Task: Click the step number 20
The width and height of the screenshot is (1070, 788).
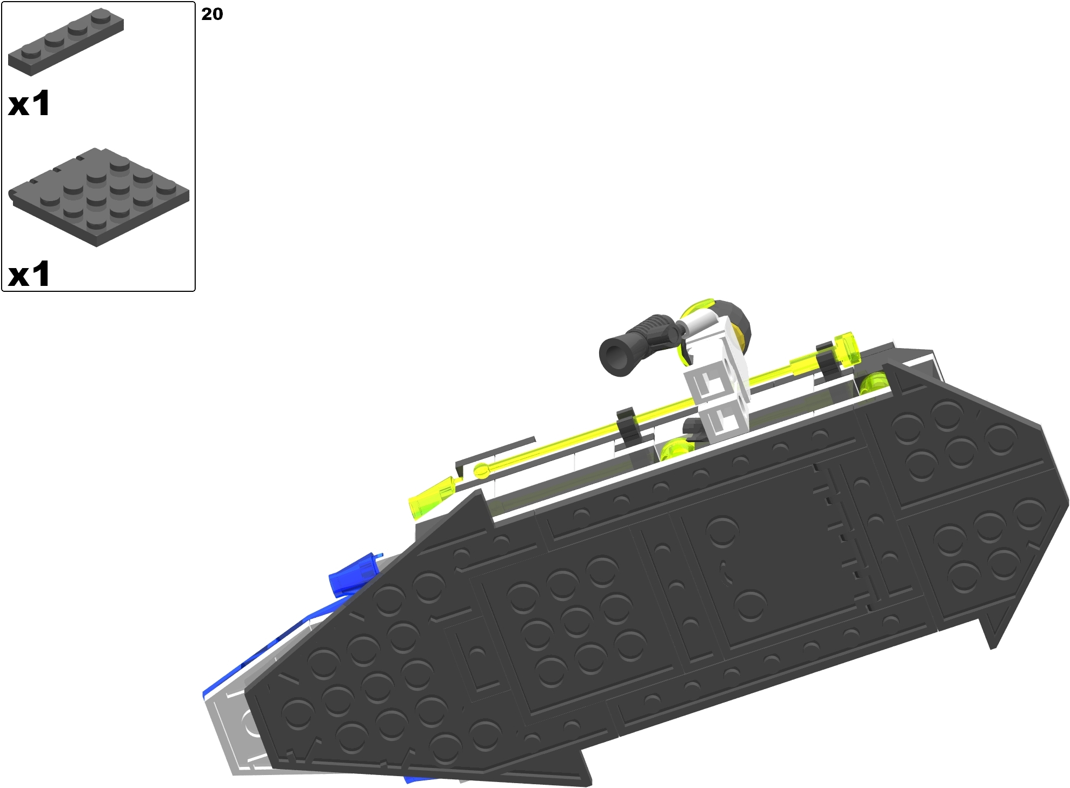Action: click(x=212, y=14)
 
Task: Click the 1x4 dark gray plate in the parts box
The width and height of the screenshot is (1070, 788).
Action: click(x=66, y=43)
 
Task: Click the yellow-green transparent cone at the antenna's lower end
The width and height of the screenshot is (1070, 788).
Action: click(x=431, y=498)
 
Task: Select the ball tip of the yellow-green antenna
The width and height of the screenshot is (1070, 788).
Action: click(x=481, y=471)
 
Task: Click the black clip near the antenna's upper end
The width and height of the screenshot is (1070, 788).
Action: click(x=826, y=357)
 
